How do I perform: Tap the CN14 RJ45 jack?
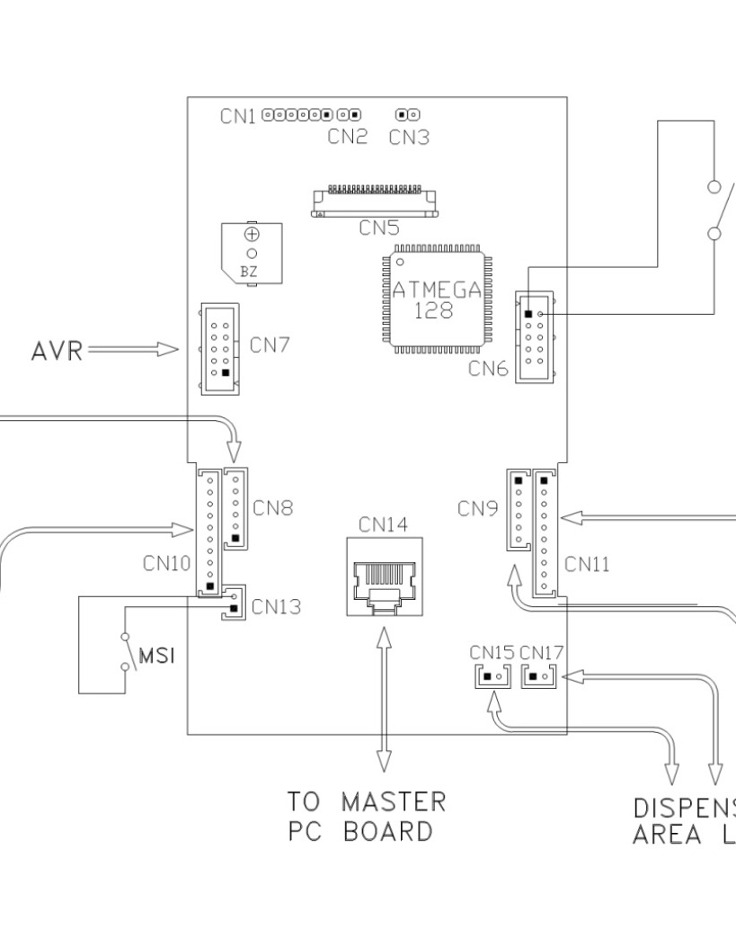point(385,577)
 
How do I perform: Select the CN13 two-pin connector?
point(233,602)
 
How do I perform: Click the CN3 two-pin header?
point(409,115)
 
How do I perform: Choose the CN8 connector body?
point(235,507)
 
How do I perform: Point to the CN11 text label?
point(587,564)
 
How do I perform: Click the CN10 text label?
point(166,564)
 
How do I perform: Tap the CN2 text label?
point(347,138)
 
